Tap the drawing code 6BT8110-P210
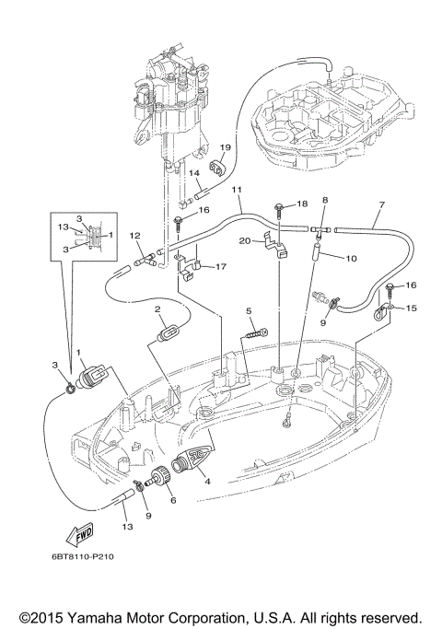coord(83,557)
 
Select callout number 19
coord(226,147)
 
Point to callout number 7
coord(381,204)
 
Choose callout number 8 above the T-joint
coord(325,200)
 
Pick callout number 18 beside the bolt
coord(302,204)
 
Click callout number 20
coord(245,240)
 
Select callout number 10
coord(351,259)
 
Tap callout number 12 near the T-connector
coord(135,236)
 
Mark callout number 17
coord(221,266)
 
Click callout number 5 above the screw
coord(249,311)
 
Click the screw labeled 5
coord(255,333)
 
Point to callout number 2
coord(157,309)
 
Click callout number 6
coord(173,500)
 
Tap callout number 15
coord(411,309)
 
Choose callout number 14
coord(194,173)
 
